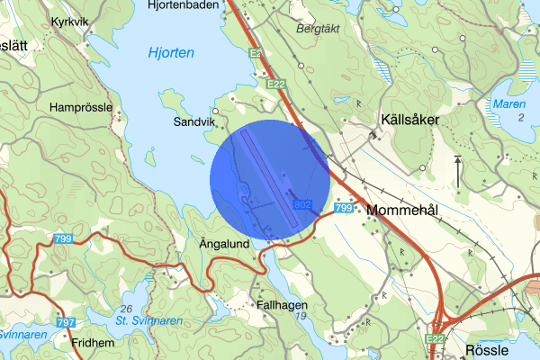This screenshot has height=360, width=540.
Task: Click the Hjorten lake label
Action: (171, 54)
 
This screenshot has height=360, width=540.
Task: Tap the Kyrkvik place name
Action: (72, 21)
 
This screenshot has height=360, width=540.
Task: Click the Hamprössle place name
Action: (81, 107)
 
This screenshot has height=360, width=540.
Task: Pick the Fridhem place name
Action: (94, 343)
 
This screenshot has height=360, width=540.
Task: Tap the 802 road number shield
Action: (302, 207)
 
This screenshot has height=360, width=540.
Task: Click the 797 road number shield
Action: (65, 322)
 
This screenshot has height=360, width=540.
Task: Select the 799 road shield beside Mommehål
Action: (343, 209)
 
